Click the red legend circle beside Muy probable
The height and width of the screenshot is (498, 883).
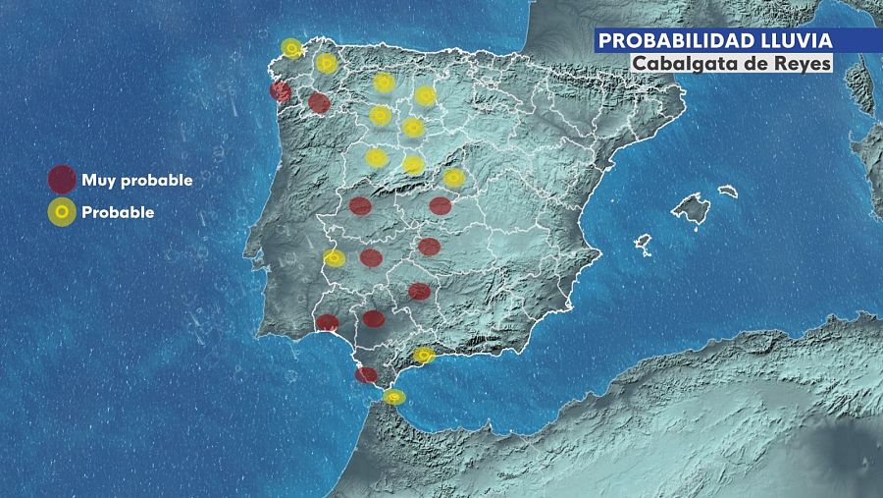coord(62,180)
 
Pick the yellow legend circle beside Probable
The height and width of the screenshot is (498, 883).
coord(62,212)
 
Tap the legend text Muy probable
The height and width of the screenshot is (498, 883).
coord(136,180)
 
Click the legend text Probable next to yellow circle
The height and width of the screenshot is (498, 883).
coord(118,211)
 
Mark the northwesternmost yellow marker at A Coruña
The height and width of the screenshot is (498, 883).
coord(291,48)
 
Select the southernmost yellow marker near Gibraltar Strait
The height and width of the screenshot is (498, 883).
coord(393,397)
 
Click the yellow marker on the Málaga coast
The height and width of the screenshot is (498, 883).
coord(424,355)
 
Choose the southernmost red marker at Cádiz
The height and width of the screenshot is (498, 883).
coord(366,374)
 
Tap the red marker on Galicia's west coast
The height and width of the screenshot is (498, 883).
coord(281,92)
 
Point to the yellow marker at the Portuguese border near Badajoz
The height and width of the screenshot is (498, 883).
coord(334,258)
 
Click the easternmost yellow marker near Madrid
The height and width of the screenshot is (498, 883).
coord(453,178)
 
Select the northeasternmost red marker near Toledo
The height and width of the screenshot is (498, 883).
coord(440,205)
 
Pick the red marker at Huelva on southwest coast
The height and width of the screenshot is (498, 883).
coord(328,322)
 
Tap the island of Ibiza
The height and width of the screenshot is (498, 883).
coord(643,242)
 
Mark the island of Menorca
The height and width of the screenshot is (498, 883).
coord(727,192)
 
